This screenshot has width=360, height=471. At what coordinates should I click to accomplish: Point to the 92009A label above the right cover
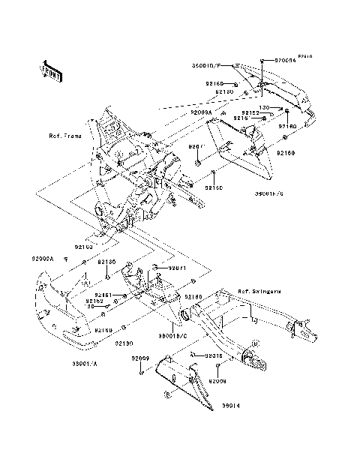pyautogui.click(x=201, y=112)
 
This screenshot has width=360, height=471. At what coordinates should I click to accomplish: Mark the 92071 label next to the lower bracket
pyautogui.click(x=176, y=268)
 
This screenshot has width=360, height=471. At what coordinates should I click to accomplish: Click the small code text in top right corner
pyautogui.click(x=306, y=56)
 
